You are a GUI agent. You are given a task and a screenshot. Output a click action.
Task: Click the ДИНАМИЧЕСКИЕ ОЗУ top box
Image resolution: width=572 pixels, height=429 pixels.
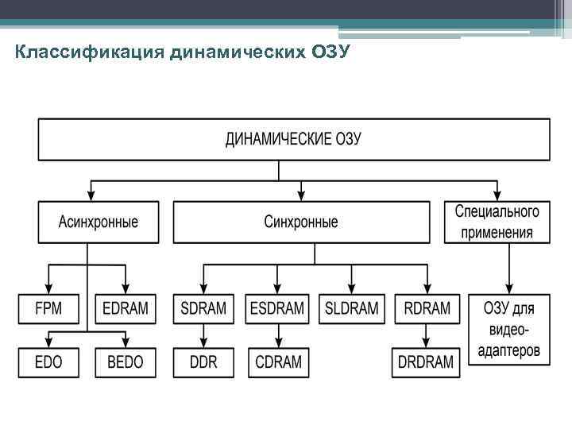[294, 139]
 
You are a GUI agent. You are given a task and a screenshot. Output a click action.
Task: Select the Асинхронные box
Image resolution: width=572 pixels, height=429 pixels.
[98, 222]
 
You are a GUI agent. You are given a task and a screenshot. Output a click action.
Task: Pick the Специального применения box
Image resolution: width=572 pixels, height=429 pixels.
[497, 222]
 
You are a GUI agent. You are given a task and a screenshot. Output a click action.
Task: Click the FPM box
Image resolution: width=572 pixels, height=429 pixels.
[48, 309]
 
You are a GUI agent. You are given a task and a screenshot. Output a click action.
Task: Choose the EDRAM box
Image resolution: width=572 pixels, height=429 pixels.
[126, 309]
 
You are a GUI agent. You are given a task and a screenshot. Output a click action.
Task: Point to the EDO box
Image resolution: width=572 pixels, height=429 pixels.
[48, 362]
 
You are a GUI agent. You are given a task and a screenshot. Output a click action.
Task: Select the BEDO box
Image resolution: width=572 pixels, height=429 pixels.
[126, 362]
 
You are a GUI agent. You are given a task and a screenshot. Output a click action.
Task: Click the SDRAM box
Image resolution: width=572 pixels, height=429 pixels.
[203, 309]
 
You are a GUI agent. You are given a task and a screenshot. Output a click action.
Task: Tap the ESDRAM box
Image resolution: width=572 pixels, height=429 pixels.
[277, 309]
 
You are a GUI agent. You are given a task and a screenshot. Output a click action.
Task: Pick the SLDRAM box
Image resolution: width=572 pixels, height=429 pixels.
[352, 309]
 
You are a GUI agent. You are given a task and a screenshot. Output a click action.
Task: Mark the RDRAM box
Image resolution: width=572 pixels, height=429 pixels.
[427, 309]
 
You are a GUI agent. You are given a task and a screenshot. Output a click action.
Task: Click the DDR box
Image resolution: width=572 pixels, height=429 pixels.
[203, 362]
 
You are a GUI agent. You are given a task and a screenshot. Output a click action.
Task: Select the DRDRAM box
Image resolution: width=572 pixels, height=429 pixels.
[427, 362]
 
